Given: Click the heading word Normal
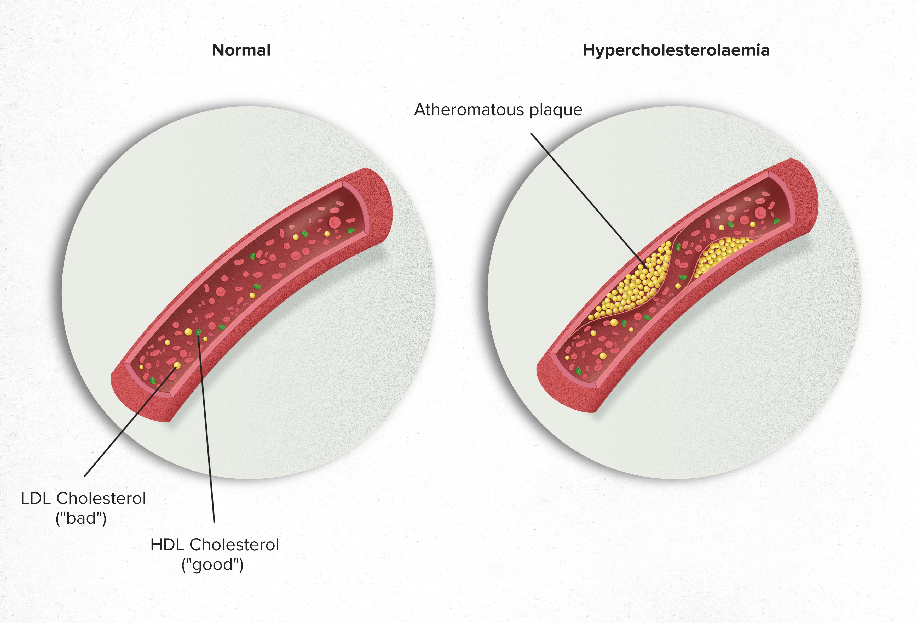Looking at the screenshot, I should [x=241, y=50].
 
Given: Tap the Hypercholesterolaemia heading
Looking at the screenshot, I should [x=676, y=50].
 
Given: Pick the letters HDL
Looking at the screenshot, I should [x=166, y=545].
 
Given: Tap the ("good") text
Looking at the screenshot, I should [x=212, y=565].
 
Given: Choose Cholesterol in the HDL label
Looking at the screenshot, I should [x=234, y=545].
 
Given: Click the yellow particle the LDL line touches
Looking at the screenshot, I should [x=177, y=365].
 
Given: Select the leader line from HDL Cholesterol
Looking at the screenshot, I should [x=206, y=430].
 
